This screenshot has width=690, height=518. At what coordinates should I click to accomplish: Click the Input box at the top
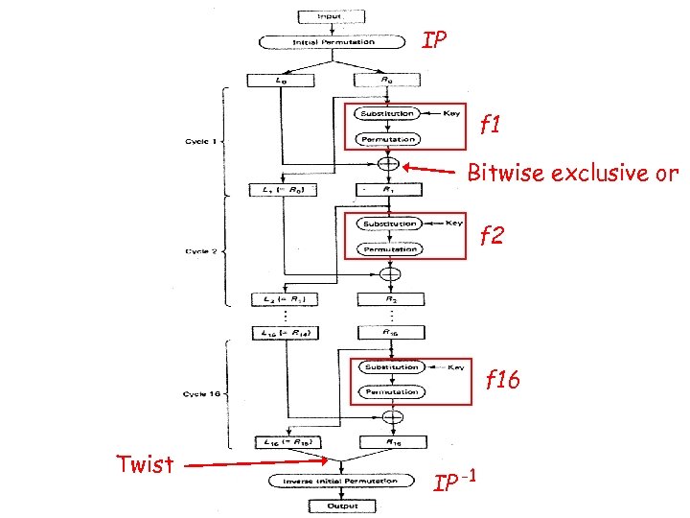point(330,16)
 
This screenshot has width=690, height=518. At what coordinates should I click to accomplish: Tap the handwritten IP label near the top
point(434,41)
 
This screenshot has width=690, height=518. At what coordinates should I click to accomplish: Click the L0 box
point(280,81)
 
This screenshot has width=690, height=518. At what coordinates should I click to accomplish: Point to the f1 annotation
point(491,125)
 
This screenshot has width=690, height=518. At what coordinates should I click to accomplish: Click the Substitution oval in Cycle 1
point(388,114)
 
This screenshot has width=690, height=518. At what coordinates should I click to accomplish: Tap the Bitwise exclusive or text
point(572,174)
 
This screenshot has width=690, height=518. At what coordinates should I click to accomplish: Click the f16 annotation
point(501,380)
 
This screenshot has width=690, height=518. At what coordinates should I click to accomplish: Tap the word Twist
point(145,466)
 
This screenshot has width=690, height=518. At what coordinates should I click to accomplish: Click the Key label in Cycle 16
point(456,366)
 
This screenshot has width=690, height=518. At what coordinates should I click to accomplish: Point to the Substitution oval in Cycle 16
point(390,366)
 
